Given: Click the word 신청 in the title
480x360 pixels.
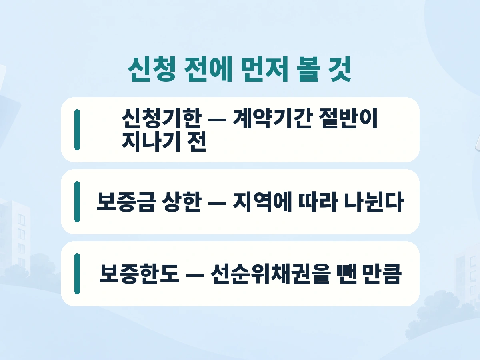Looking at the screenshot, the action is tap(152, 69).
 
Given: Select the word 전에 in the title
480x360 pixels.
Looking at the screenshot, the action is tap(208, 69).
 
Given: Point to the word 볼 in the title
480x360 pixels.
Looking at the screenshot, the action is tap(308, 69).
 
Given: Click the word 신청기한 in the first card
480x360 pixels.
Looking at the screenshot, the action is tap(161, 118).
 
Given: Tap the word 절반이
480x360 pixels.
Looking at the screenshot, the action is tap(348, 118).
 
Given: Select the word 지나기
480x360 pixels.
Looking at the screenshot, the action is tap(151, 142).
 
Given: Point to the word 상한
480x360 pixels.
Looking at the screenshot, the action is tap(182, 202).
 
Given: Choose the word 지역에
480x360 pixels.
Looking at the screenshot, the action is tap(262, 202).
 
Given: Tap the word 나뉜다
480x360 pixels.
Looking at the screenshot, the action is tap(374, 202).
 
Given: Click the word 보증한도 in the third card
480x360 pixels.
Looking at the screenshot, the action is tap(139, 274).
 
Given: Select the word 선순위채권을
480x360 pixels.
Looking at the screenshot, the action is tap(270, 274).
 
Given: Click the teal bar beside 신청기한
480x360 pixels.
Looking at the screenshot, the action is tap(77, 130).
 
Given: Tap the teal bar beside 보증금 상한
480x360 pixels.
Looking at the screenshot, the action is tap(77, 202).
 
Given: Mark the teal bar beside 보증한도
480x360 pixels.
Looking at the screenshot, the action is tap(77, 274).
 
